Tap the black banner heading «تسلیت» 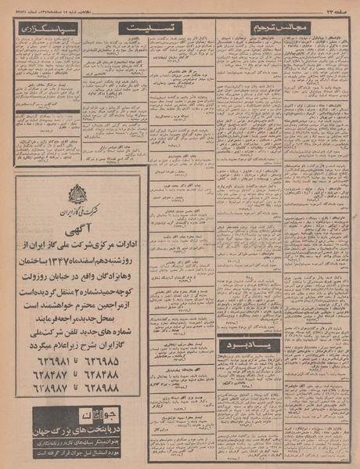pos(150,27)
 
